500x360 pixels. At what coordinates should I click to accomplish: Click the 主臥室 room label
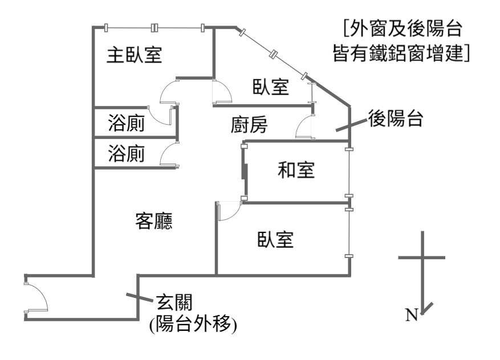pos(134,55)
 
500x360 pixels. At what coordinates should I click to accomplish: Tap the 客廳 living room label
pos(154,221)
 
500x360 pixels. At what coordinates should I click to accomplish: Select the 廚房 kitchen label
pos(249,125)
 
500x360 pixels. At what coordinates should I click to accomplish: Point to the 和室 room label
pos(296,170)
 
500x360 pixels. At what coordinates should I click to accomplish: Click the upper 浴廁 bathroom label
pos(126,122)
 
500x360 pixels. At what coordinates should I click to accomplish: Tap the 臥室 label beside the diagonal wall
pos(271,87)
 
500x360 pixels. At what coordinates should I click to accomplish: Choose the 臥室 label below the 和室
pos(275,239)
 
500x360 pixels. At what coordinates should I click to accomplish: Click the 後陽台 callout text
pos(396,118)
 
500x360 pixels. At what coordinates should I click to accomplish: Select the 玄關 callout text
pos(174,302)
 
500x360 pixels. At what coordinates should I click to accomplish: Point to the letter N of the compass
pos(412,315)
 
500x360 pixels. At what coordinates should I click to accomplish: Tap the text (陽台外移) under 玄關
pos(193,324)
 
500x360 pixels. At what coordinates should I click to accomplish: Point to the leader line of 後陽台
pos(351,125)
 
